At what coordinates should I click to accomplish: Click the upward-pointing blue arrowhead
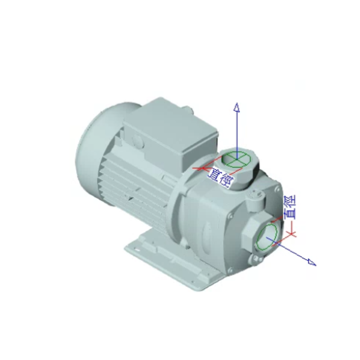click(x=237, y=107)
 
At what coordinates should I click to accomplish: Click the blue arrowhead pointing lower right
click(x=312, y=262)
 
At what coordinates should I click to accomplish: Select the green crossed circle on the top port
click(x=236, y=158)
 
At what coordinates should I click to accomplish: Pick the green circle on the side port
click(x=267, y=237)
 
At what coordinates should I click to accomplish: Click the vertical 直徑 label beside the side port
click(x=290, y=207)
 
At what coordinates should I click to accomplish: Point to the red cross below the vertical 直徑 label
click(x=292, y=234)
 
